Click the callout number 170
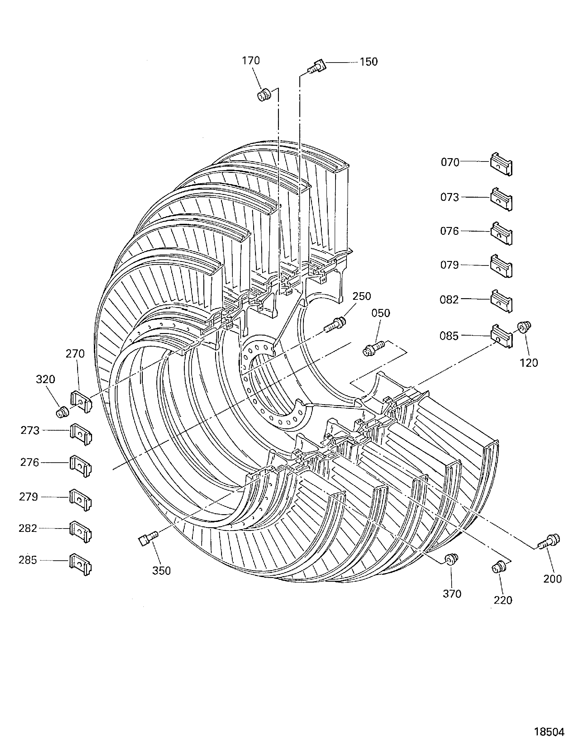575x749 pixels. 251,61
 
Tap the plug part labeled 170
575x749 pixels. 264,94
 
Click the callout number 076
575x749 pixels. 449,231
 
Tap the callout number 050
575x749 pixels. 381,313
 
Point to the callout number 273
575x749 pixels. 30,430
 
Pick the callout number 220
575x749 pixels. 503,600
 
